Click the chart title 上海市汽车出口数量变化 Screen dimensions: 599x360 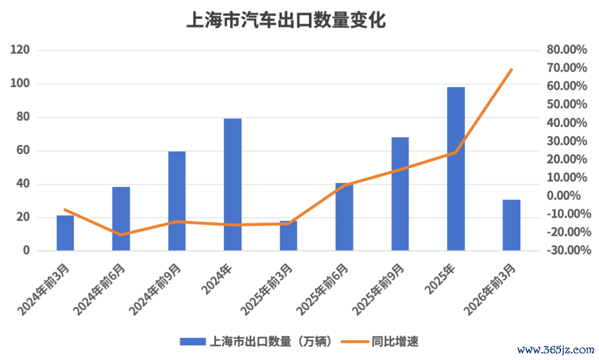click(x=286, y=20)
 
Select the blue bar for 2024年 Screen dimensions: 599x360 click(x=233, y=184)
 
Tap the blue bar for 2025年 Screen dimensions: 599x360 click(x=456, y=169)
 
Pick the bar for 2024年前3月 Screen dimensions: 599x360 click(x=65, y=233)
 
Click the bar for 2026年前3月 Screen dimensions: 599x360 click(x=512, y=225)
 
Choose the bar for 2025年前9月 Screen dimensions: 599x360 click(x=400, y=194)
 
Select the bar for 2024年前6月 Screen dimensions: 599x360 click(x=121, y=218)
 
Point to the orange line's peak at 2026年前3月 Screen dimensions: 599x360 click(x=512, y=69)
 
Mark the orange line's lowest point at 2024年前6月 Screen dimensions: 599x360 click(x=121, y=235)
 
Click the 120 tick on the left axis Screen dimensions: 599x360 click(x=20, y=50)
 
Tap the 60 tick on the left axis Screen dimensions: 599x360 click(x=23, y=150)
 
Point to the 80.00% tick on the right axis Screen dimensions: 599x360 click(x=566, y=49)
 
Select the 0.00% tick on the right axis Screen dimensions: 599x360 click(x=564, y=196)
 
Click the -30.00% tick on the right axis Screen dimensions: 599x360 click(x=569, y=250)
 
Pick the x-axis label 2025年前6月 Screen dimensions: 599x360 click(x=322, y=289)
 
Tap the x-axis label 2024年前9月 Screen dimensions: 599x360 click(x=154, y=289)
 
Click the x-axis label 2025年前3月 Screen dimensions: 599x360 click(x=266, y=289)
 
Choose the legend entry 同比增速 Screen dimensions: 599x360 click(x=379, y=341)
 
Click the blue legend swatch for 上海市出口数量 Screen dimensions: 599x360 click(x=192, y=341)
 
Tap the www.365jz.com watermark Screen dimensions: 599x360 click(x=556, y=350)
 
